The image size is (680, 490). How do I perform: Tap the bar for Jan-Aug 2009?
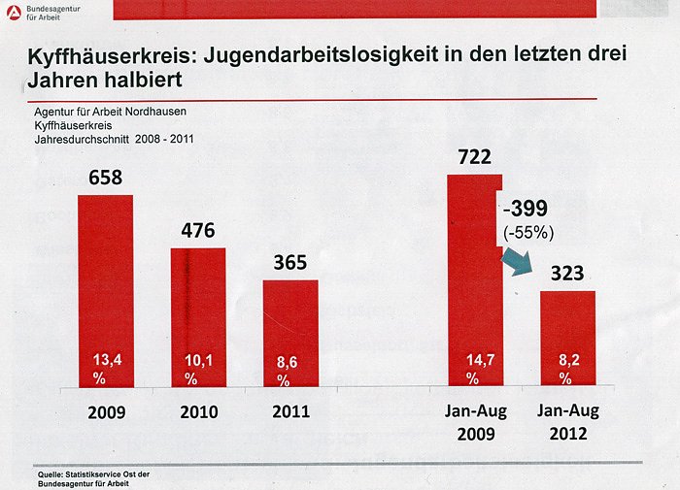click(x=474, y=281)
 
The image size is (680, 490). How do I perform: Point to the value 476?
click(x=197, y=230)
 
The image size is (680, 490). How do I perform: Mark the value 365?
click(x=290, y=262)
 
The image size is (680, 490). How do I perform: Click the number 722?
click(x=474, y=156)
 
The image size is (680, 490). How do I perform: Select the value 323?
click(x=567, y=274)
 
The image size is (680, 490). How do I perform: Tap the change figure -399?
click(x=527, y=209)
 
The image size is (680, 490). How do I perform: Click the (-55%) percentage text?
click(x=528, y=232)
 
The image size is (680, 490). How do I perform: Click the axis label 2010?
click(x=198, y=411)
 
